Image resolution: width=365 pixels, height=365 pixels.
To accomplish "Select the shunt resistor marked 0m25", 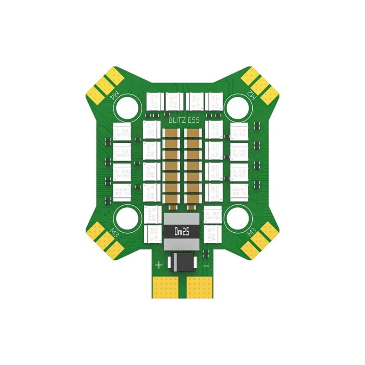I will [x=181, y=232].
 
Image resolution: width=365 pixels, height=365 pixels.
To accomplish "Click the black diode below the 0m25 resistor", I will [x=182, y=262].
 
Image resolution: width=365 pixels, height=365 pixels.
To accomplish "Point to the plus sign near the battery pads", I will [x=159, y=265].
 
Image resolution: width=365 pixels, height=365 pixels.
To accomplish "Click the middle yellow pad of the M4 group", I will [x=104, y=85].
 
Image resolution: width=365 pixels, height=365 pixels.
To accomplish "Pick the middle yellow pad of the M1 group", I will [x=260, y=241].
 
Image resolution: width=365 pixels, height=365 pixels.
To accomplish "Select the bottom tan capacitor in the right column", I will [x=192, y=198].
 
